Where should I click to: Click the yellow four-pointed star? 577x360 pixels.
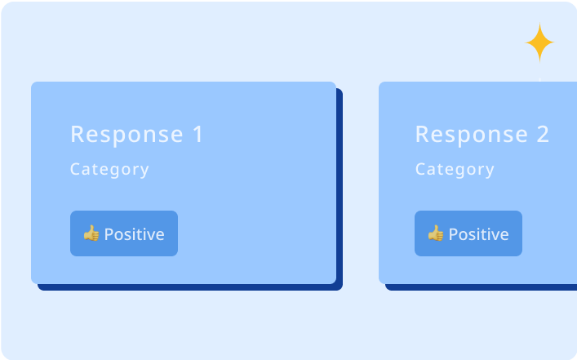coord(539,42)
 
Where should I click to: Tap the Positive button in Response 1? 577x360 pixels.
coord(124,233)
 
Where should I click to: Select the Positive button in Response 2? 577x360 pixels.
coord(468,233)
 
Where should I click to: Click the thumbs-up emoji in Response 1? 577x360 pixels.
coord(91,233)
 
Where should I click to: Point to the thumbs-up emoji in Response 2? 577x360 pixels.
coord(436,233)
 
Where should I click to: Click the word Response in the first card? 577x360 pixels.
coord(127,134)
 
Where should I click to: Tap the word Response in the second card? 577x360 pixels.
coord(472,134)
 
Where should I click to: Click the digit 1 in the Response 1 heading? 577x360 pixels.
coord(198,134)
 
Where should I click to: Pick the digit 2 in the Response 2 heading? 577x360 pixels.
coord(544,134)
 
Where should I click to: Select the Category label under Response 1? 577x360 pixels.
coord(109,170)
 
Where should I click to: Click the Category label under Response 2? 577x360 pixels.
coord(455,170)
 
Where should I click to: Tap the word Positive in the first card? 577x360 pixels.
coord(135,234)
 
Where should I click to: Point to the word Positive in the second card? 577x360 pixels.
coord(479,234)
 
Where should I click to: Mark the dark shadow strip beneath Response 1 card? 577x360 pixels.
coord(190,287)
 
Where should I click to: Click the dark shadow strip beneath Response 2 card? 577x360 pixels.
coord(481,287)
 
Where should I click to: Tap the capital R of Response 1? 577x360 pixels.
coord(78,134)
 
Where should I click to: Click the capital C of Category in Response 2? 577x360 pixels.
coord(421,169)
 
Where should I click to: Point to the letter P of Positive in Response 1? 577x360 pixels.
coord(109,234)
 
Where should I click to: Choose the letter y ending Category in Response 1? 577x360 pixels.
coord(144,171)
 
